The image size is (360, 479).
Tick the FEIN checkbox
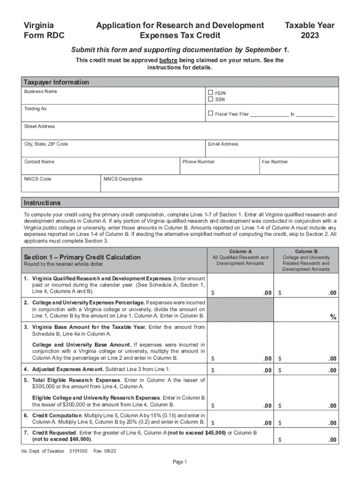tap(210, 93)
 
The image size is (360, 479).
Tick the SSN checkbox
tap(210, 99)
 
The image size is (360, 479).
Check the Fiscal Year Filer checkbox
tap(210, 114)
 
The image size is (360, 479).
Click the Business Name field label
tap(41, 91)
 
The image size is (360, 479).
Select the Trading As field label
tap(36, 109)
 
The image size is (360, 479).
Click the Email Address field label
tap(223, 144)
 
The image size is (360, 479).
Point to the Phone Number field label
tap(199, 162)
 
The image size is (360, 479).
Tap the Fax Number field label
tap(275, 162)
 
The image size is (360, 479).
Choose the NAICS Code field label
tap(38, 179)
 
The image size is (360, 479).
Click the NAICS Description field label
tap(123, 179)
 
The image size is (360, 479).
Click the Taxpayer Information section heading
tap(57, 82)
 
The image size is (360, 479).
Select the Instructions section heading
tap(43, 203)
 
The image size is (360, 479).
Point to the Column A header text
tap(240, 252)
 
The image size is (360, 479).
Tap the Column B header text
tap(306, 252)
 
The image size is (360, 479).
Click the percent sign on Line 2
tap(333, 317)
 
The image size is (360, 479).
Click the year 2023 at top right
tap(310, 35)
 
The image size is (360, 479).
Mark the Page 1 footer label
tap(180, 462)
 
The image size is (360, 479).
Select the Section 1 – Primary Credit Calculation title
tap(82, 257)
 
